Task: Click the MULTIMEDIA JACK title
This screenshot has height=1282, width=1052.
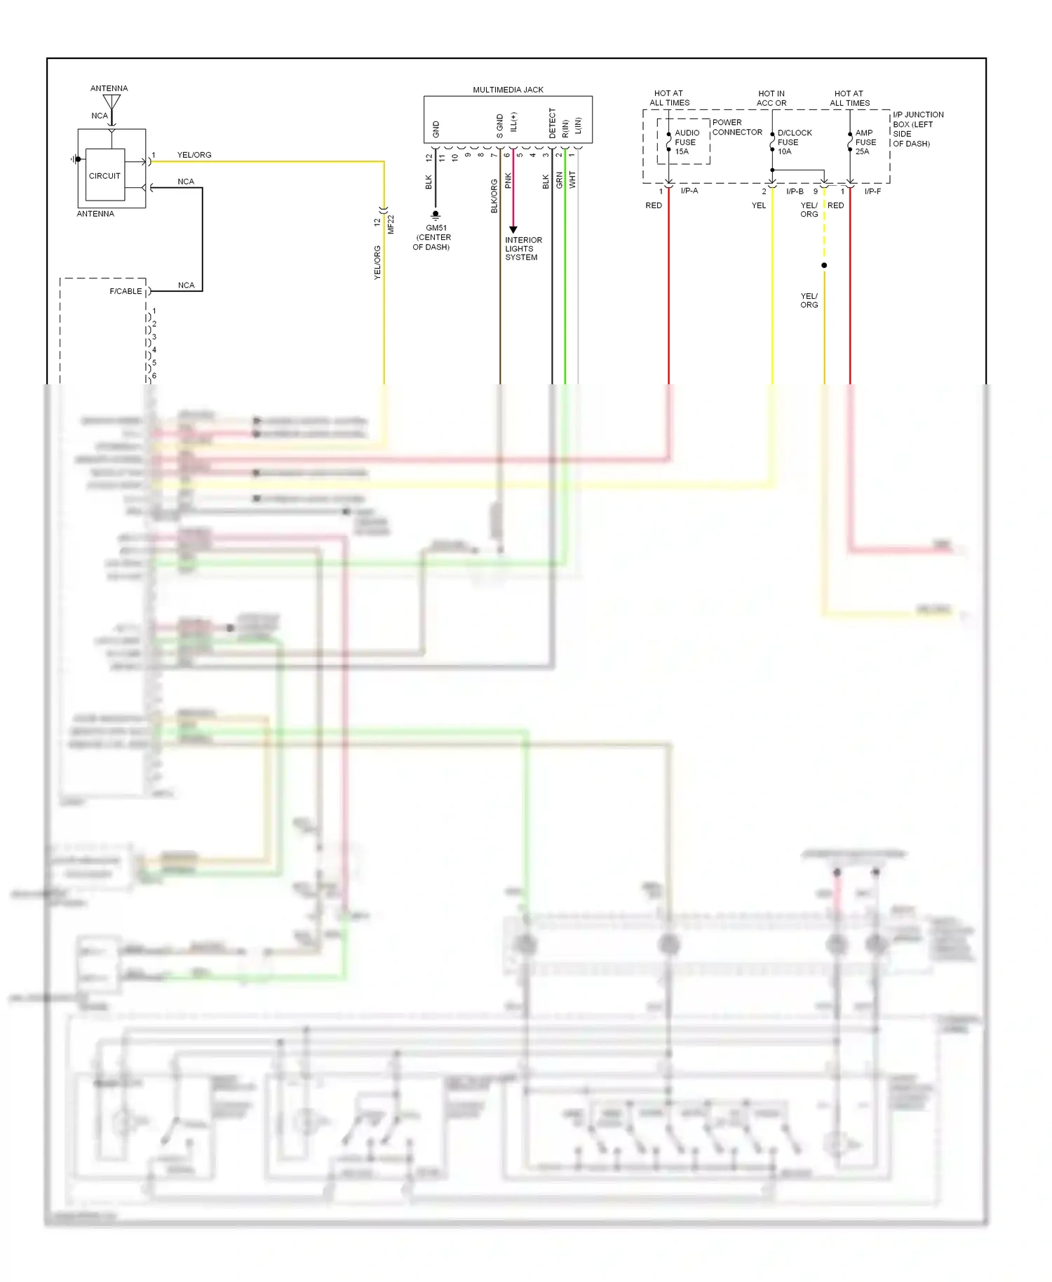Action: [508, 90]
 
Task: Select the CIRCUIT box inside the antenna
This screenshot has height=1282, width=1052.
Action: [104, 175]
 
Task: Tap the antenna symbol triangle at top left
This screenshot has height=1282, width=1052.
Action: [112, 103]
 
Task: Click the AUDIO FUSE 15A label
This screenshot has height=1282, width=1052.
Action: [685, 142]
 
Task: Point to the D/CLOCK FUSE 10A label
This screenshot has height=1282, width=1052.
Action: [793, 142]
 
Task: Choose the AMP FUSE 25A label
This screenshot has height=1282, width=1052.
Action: [865, 142]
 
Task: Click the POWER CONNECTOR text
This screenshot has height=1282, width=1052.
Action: [736, 127]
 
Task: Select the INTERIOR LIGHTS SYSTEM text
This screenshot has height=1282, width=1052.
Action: [522, 248]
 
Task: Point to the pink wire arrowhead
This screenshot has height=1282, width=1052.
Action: [513, 229]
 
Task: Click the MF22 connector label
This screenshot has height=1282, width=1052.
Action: [391, 224]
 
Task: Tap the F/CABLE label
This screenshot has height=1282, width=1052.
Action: [126, 291]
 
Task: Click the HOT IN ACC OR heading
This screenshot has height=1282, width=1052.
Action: [771, 98]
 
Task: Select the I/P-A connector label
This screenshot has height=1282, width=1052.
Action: [689, 191]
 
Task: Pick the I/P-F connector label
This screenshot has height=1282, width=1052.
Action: [872, 191]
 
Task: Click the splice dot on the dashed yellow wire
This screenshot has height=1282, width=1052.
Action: [824, 265]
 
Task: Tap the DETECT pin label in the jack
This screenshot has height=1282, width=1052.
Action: [552, 123]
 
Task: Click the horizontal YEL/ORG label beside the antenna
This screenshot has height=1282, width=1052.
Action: [194, 155]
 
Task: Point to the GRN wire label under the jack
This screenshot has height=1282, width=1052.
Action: [560, 180]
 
